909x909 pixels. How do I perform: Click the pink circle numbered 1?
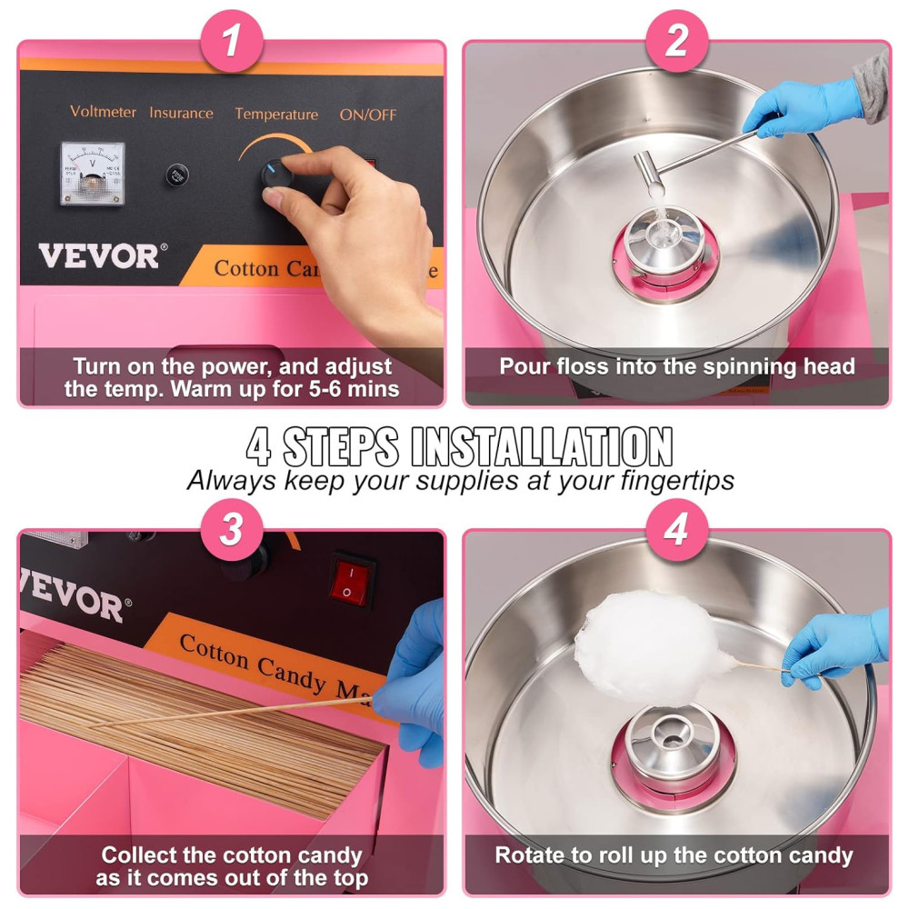tap(232, 41)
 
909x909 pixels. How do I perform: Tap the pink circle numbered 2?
tap(677, 41)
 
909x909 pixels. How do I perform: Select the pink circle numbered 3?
tap(232, 529)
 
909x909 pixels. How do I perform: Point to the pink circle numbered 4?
tap(677, 529)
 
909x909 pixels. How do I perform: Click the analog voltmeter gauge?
tap(93, 174)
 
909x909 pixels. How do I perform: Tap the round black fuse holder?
tap(177, 175)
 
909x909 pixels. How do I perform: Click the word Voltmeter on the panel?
tap(104, 111)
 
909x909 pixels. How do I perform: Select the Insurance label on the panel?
tap(182, 113)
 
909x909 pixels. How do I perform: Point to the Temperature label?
tap(276, 115)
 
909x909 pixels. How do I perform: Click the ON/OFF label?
tap(368, 115)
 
